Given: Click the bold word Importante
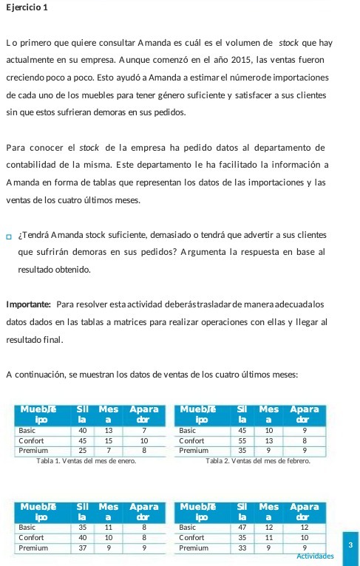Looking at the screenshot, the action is tap(27, 304).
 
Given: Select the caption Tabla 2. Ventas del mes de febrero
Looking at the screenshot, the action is tap(256, 462).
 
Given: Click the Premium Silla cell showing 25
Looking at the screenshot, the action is tap(83, 449).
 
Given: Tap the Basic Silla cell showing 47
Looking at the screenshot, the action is tap(242, 528).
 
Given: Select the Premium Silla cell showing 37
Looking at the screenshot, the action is tap(83, 548).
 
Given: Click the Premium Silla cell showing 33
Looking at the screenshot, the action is tap(242, 548).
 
